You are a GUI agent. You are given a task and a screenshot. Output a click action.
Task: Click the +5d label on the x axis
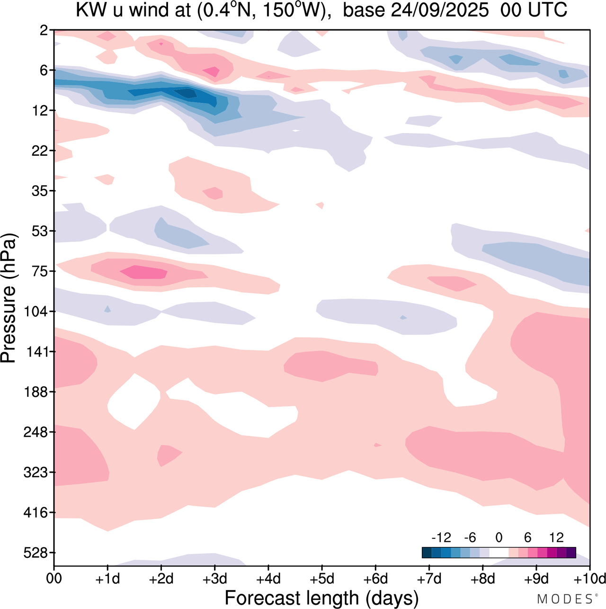tap(322, 579)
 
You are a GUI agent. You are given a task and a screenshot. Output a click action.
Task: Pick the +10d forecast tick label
tap(589, 579)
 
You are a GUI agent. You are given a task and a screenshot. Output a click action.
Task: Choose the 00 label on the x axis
tap(54, 579)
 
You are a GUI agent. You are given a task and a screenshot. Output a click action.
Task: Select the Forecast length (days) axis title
tap(322, 598)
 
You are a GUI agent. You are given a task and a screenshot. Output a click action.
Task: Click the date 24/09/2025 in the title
tap(440, 10)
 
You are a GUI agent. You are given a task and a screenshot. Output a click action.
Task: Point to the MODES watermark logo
tap(565, 599)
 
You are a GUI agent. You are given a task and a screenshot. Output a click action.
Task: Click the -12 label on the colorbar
tap(441, 537)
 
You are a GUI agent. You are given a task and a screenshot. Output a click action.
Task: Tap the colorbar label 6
tap(528, 537)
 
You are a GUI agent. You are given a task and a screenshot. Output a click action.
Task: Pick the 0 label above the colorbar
tap(499, 537)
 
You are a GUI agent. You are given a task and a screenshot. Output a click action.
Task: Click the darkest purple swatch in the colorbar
tap(571, 553)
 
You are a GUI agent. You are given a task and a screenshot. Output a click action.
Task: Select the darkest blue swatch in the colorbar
tap(427, 553)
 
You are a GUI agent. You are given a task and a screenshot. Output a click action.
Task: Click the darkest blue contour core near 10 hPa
tap(186, 93)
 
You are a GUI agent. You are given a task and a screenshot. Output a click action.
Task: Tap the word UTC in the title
tap(547, 10)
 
